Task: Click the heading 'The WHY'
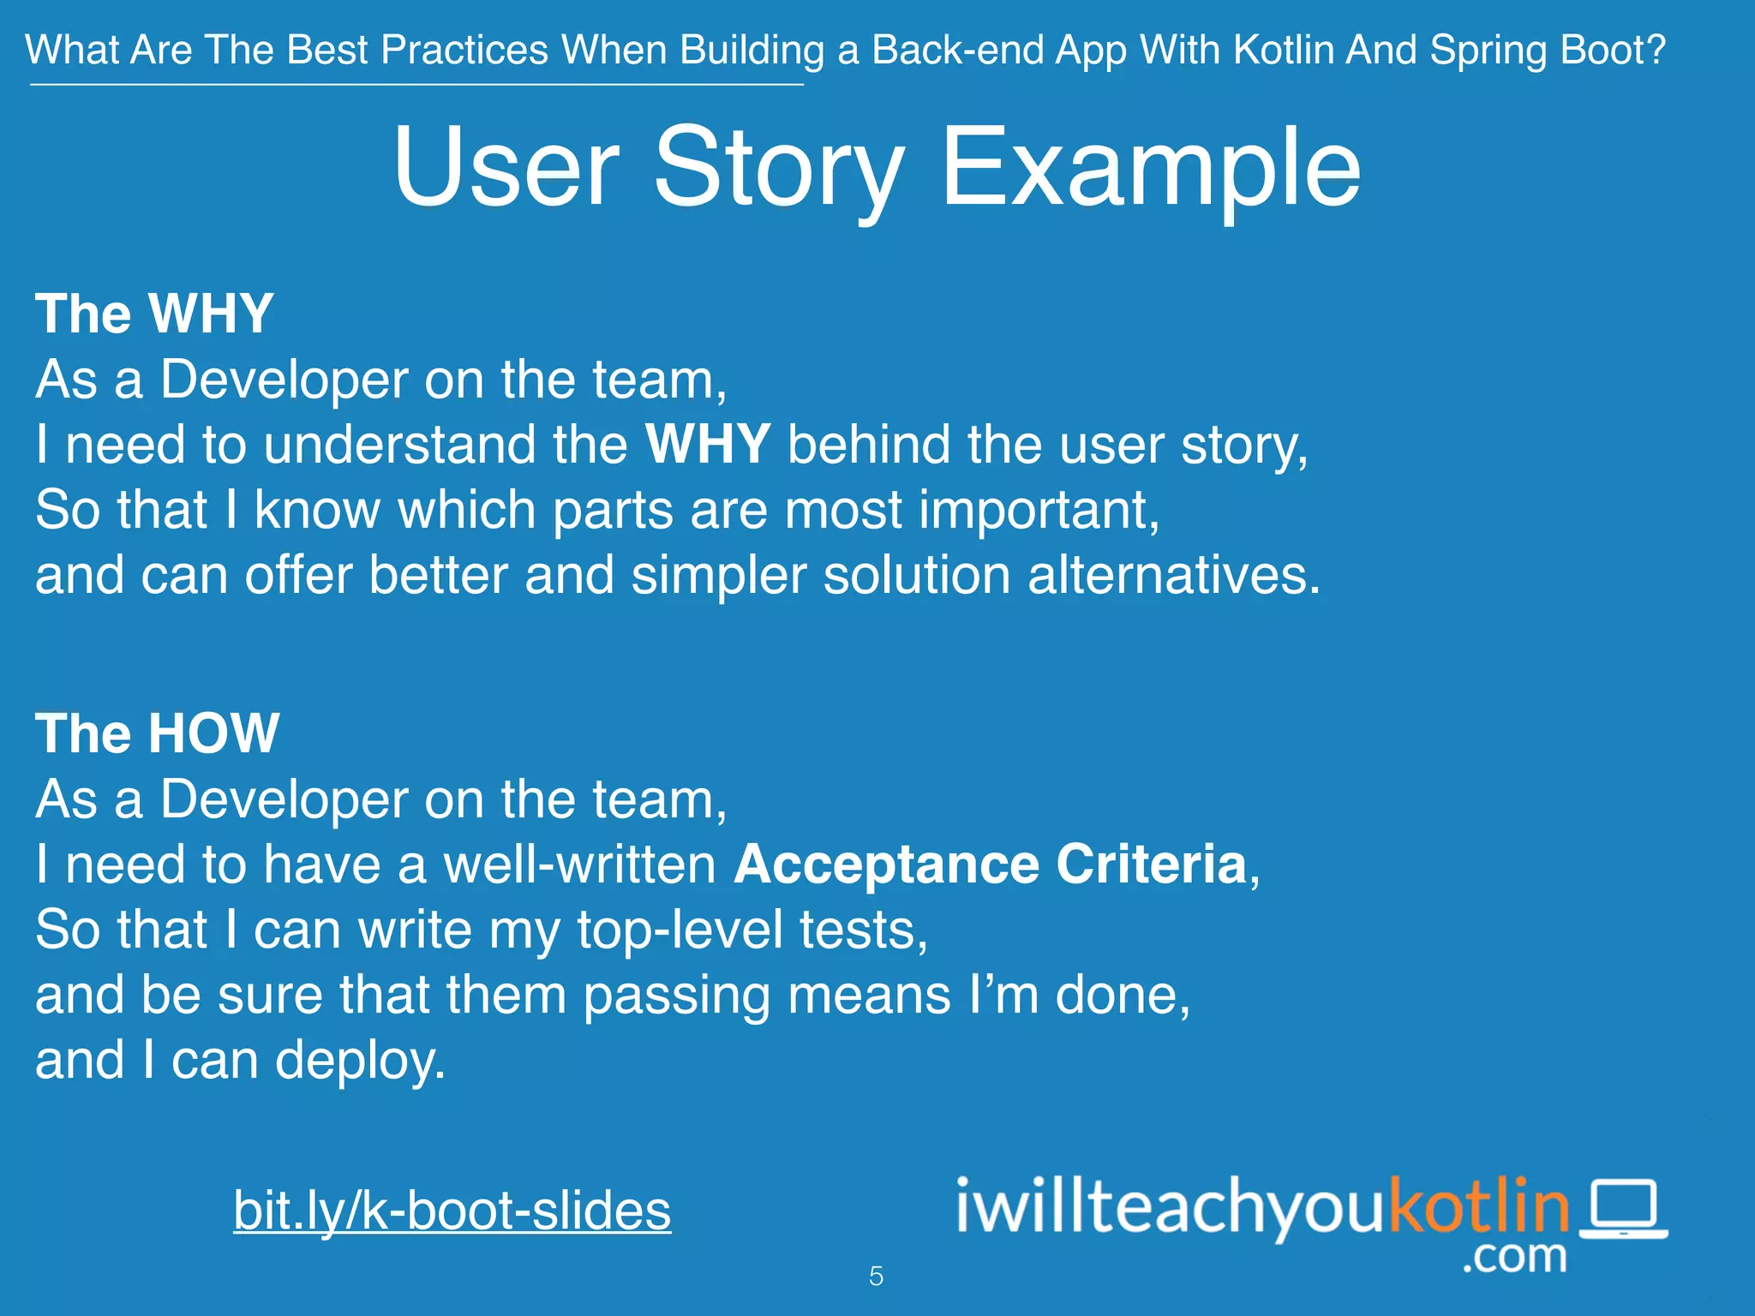pyautogui.click(x=154, y=314)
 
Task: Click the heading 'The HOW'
pyautogui.click(x=157, y=733)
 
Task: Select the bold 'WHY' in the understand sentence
pyautogui.click(x=708, y=445)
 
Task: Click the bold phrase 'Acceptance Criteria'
pyautogui.click(x=990, y=864)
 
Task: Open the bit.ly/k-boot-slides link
pyautogui.click(x=452, y=1210)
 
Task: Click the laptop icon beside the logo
pyautogui.click(x=1624, y=1209)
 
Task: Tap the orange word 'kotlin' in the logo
pyautogui.click(x=1478, y=1206)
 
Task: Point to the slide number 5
pyautogui.click(x=876, y=1277)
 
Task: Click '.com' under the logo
pyautogui.click(x=1514, y=1257)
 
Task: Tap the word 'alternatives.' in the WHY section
pyautogui.click(x=1174, y=575)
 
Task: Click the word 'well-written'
pyautogui.click(x=579, y=864)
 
